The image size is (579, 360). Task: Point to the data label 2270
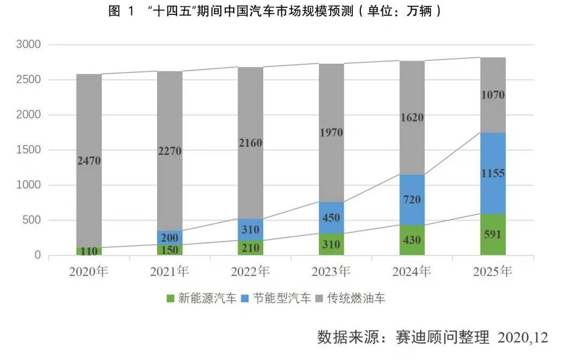[x=169, y=151]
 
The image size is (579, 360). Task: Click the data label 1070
[x=493, y=95]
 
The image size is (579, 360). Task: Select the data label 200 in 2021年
[x=169, y=238]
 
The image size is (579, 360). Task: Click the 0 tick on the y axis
[x=37, y=256]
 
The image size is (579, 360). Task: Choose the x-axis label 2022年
[x=250, y=272]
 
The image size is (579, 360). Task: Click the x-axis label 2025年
[x=493, y=272]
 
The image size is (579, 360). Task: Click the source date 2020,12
[x=523, y=338]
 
